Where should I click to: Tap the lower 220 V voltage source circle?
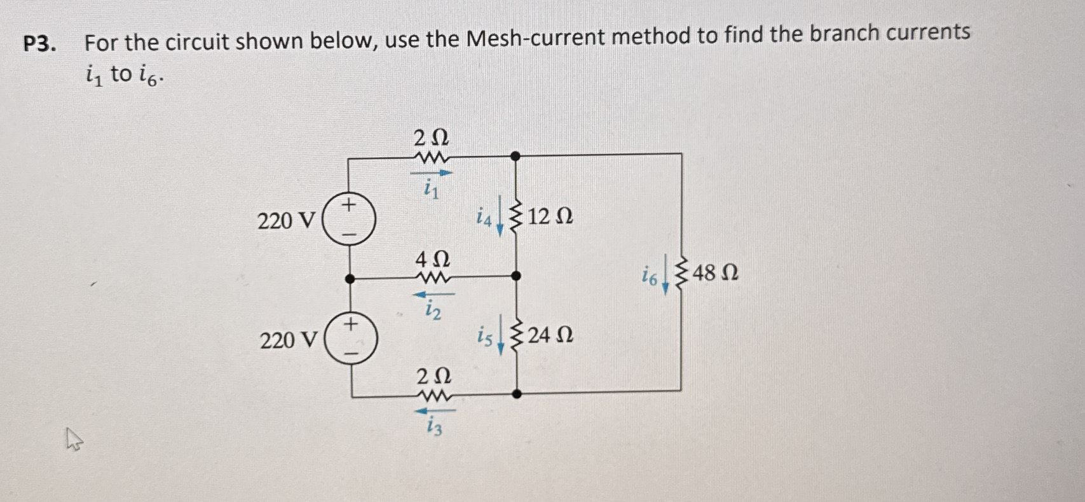coord(351,339)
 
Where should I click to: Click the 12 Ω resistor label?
coord(550,217)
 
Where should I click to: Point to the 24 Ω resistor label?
coord(550,335)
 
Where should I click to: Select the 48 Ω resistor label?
coord(715,274)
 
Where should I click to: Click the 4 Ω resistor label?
coord(432,260)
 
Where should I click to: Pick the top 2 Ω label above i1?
coord(431,137)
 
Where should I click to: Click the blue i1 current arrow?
coord(432,172)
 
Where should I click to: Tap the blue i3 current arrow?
coord(434,411)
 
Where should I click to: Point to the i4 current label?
coord(484,219)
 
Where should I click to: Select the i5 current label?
coord(485,337)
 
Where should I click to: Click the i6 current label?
coord(649,276)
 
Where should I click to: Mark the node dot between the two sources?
coord(349,279)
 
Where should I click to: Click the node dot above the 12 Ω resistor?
coord(515,155)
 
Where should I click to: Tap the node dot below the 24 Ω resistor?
coord(517,394)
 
